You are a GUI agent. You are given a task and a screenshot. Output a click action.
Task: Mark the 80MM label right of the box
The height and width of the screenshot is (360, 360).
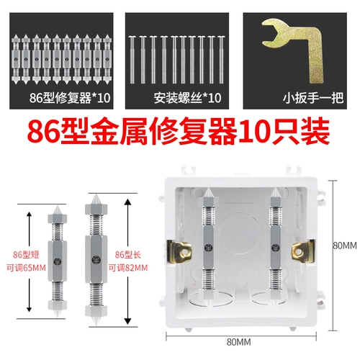point(344,245)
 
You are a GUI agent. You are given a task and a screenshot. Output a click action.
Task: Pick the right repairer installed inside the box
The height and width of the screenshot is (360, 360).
point(276,246)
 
